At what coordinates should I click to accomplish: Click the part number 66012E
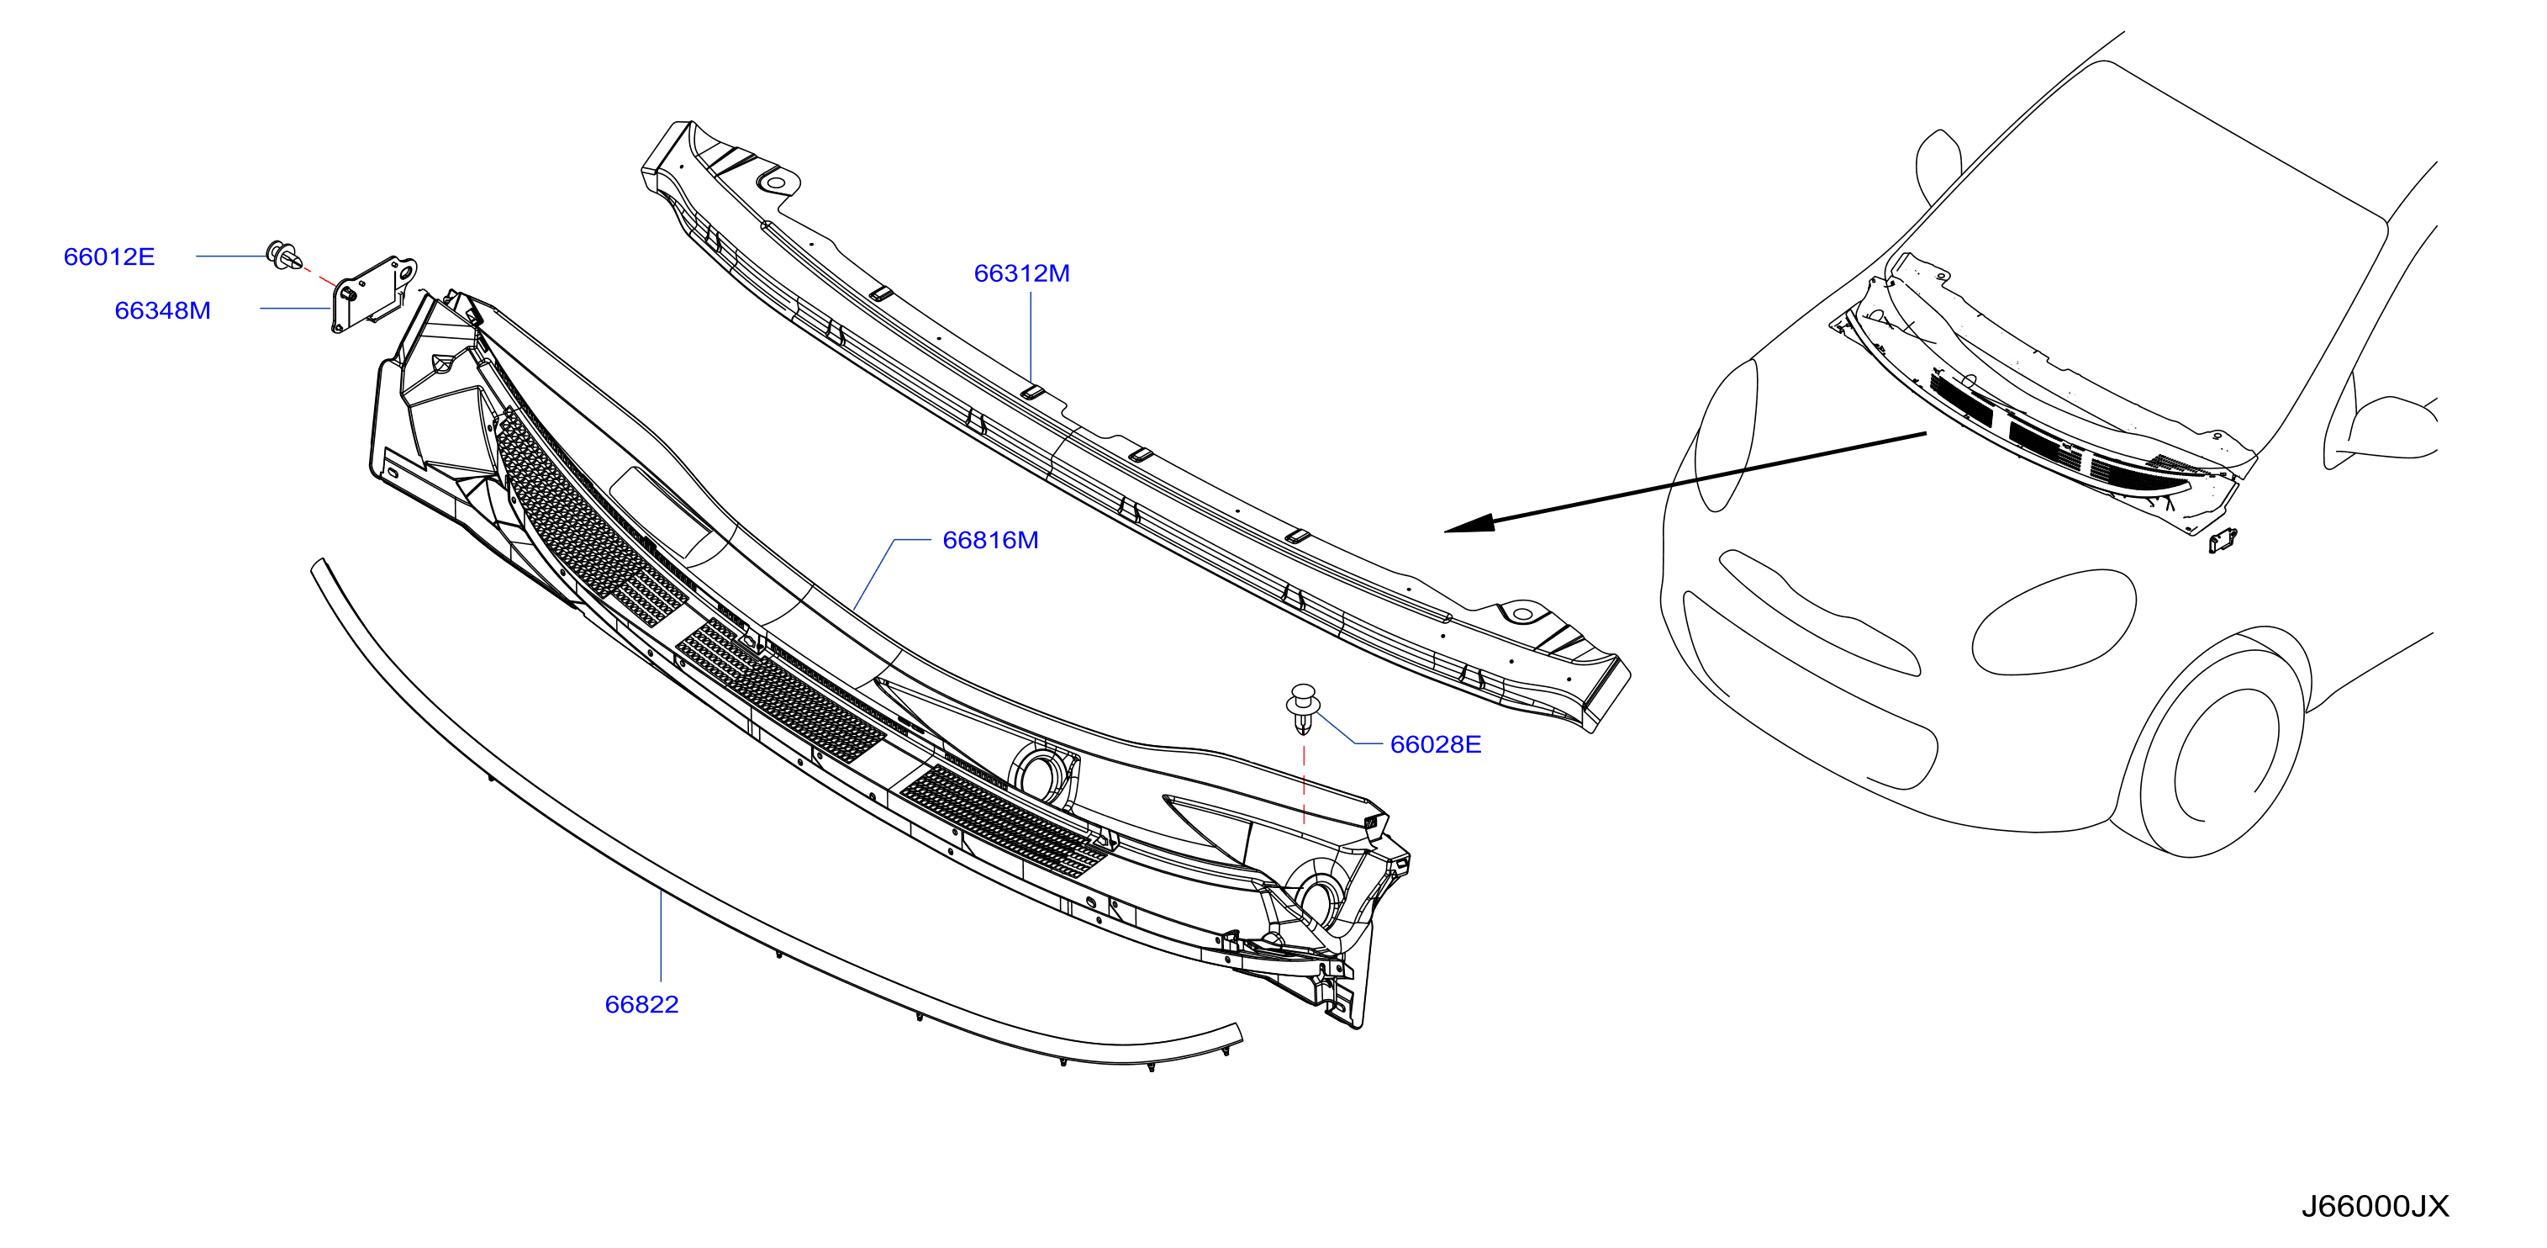pyautogui.click(x=108, y=257)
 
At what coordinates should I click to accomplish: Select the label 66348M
pyautogui.click(x=162, y=310)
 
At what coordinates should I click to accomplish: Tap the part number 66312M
pyautogui.click(x=1021, y=274)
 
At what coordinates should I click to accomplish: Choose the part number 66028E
pyautogui.click(x=1435, y=744)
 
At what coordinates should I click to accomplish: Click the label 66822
pyautogui.click(x=641, y=1005)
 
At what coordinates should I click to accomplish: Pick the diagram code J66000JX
pyautogui.click(x=2375, y=1207)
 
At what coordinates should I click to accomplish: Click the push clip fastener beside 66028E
pyautogui.click(x=1303, y=708)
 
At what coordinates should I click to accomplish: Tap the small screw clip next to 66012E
pyautogui.click(x=284, y=255)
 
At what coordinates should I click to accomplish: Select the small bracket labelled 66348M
pyautogui.click(x=372, y=293)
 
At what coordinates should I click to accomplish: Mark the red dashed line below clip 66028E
pyautogui.click(x=1303, y=785)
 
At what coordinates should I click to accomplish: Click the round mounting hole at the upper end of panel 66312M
pyautogui.click(x=776, y=183)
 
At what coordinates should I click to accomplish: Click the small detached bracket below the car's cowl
pyautogui.click(x=2223, y=540)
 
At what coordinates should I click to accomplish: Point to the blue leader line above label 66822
pyautogui.click(x=661, y=935)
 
